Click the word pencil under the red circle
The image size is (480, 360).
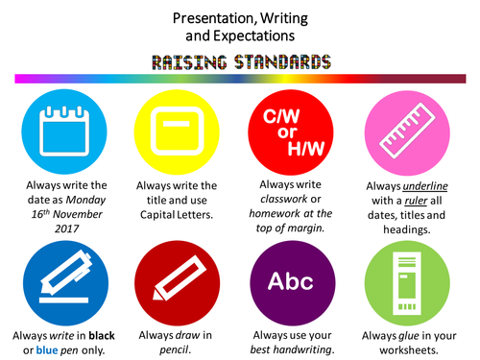[x=176, y=349]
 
